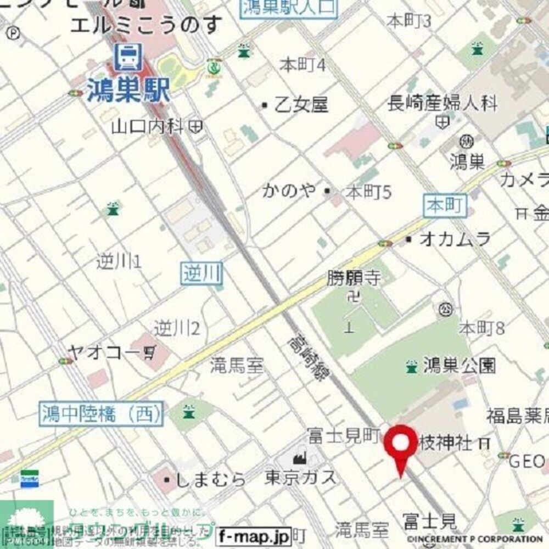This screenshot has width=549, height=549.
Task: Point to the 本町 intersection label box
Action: coord(445,206)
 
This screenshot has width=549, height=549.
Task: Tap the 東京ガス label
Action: coord(300,477)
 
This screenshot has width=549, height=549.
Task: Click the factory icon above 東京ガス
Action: coord(299,456)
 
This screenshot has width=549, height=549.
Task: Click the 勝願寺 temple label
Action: coord(354,278)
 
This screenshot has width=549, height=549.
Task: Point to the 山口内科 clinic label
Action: coord(147,127)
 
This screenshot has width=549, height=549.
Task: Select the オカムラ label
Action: coord(455,239)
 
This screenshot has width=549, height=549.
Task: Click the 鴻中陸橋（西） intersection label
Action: coord(102,414)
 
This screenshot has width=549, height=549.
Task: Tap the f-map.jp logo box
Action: coord(254,534)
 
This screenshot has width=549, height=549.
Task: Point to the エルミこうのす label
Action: coord(147,25)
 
